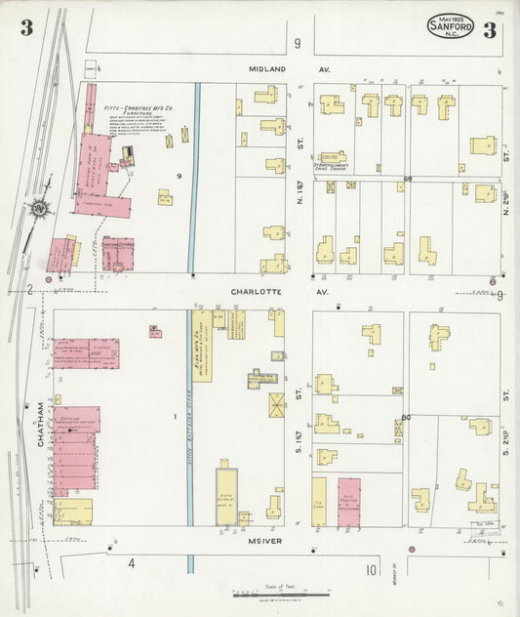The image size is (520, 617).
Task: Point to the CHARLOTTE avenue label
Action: [259, 290]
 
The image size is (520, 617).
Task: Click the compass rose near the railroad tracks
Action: [37, 207]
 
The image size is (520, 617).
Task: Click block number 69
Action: [407, 179]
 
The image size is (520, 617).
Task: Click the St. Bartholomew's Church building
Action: [332, 156]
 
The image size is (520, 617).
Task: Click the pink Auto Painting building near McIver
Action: [349, 504]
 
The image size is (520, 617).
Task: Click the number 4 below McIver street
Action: [130, 563]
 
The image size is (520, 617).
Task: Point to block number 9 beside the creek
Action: [180, 176]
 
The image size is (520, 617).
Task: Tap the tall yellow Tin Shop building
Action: [318, 503]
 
